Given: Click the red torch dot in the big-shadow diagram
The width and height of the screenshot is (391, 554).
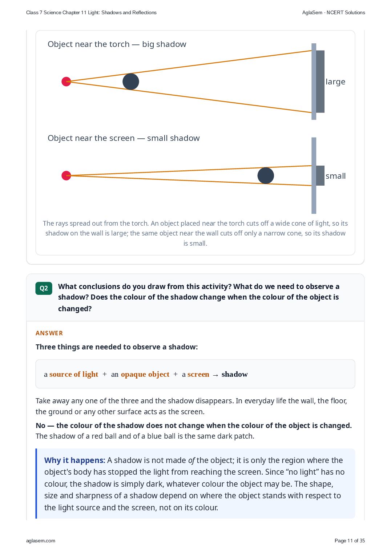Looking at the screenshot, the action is click(x=66, y=82).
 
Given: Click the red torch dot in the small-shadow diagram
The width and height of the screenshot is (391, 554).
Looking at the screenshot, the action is click(x=66, y=175).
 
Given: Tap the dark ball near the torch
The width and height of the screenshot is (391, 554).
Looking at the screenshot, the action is click(x=131, y=82).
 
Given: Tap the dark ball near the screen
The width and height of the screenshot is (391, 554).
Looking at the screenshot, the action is click(x=266, y=175).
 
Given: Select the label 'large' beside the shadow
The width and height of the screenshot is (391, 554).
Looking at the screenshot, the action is click(x=335, y=82).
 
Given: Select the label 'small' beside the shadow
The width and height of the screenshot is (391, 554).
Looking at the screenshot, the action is click(x=335, y=176).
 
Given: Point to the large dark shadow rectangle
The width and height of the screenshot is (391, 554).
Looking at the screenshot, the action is click(x=320, y=82).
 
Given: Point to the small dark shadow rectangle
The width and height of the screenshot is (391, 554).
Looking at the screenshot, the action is click(x=320, y=175).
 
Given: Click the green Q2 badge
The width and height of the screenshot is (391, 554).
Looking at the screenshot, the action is click(x=44, y=288).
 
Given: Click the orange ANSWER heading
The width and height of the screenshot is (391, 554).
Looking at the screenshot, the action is click(x=49, y=333).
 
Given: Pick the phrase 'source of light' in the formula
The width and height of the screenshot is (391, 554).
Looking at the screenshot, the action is click(x=73, y=374).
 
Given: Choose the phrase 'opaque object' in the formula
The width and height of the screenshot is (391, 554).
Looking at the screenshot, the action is click(x=145, y=375).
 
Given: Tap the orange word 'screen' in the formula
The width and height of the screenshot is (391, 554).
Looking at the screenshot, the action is click(x=198, y=375).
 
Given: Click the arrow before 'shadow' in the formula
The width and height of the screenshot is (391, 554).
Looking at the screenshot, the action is click(x=215, y=375).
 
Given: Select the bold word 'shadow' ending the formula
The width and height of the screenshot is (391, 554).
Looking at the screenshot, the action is click(x=234, y=374).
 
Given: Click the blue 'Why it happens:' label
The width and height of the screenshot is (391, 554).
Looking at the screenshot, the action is click(x=75, y=460).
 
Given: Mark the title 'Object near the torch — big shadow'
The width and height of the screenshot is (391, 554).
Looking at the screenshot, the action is click(x=117, y=44).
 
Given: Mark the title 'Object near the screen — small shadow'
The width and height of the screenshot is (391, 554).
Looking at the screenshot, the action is click(x=124, y=138).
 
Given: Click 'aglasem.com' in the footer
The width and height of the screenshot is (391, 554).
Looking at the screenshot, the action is click(x=41, y=541).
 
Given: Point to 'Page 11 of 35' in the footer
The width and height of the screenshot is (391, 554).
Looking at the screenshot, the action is click(x=350, y=541).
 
